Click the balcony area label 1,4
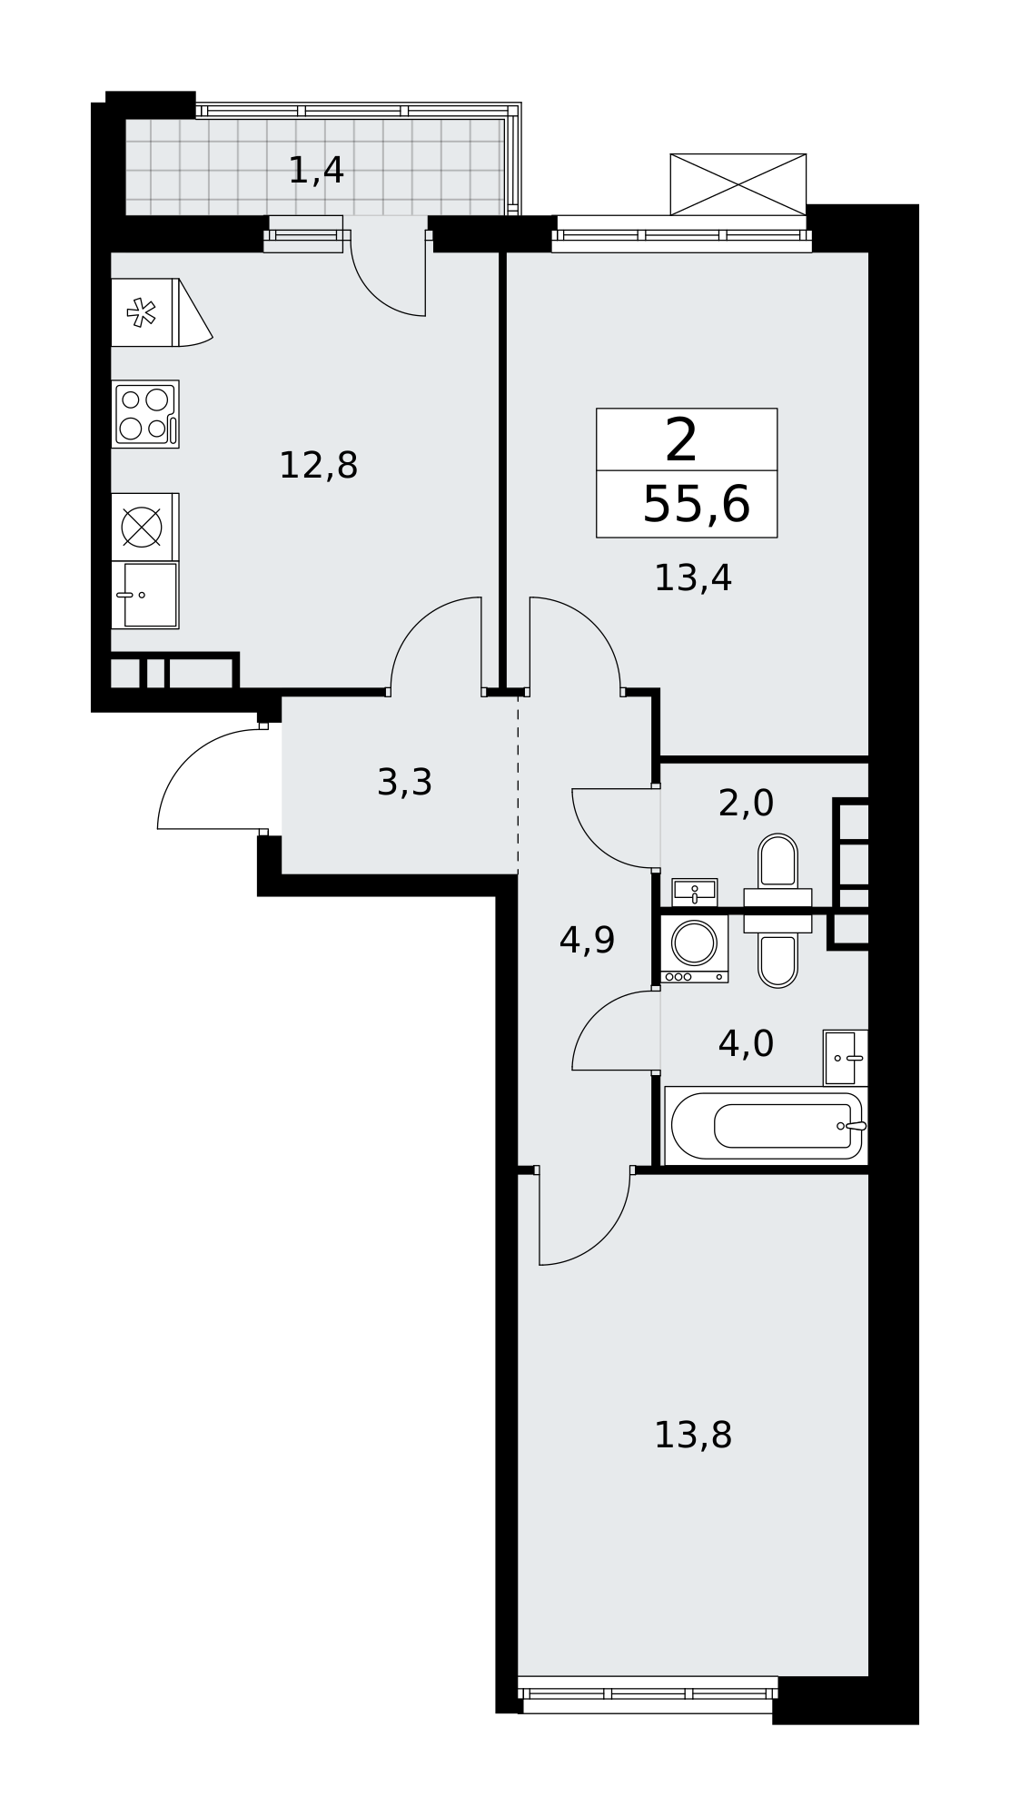[x=316, y=171]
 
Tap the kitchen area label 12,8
[x=318, y=466]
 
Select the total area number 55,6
[x=696, y=505]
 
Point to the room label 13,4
[x=693, y=578]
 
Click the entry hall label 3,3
[x=404, y=782]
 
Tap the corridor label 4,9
[x=587, y=940]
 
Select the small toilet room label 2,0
[x=746, y=803]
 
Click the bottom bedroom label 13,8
[x=693, y=1436]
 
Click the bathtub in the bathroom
[x=767, y=1126]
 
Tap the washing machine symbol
[x=695, y=949]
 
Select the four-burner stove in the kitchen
[x=145, y=414]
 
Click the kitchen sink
[x=145, y=595]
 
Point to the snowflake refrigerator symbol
[x=142, y=312]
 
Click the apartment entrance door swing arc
[x=187, y=759]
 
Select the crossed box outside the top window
[x=738, y=184]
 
